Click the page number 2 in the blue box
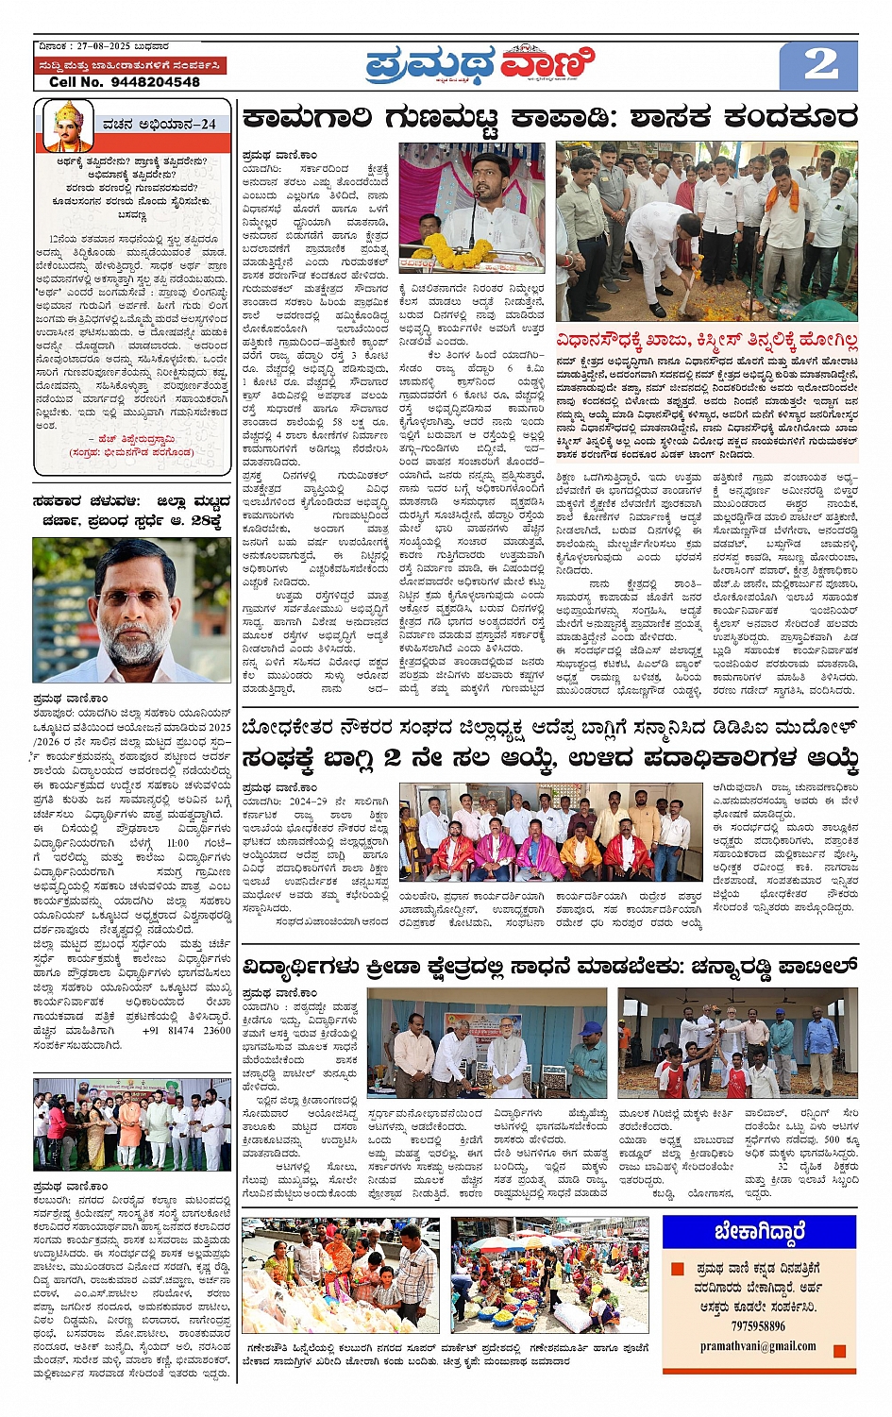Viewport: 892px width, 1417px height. click(819, 65)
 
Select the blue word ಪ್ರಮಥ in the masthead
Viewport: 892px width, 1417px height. click(429, 66)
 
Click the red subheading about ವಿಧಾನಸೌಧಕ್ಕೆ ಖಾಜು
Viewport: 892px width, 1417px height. click(706, 340)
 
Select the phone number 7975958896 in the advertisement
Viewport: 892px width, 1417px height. click(758, 1325)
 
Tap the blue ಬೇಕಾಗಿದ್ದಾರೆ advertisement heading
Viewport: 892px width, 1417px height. click(759, 1231)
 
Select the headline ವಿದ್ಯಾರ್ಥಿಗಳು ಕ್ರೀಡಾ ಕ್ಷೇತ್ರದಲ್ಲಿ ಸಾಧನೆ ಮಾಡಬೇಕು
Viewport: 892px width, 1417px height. click(549, 967)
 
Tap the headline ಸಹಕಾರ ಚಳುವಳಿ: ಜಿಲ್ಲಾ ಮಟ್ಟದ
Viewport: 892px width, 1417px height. click(131, 510)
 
